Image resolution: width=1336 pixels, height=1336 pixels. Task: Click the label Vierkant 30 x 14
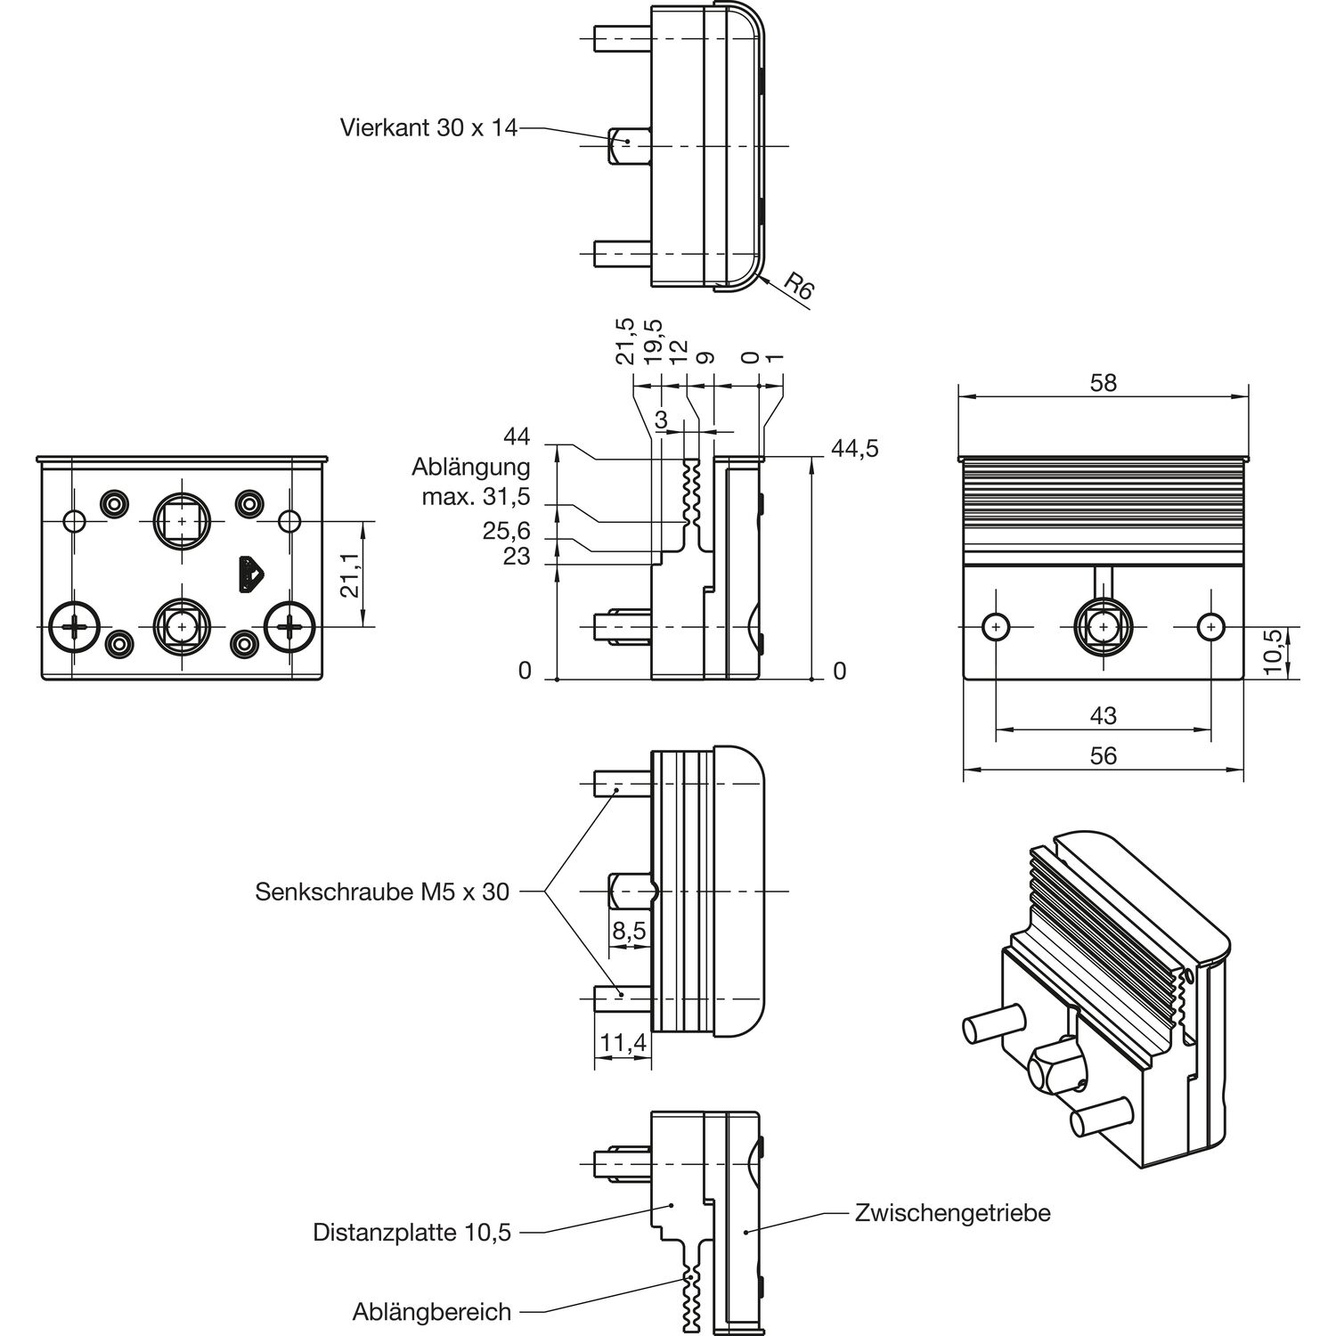428,128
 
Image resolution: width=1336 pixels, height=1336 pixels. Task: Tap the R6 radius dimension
798,288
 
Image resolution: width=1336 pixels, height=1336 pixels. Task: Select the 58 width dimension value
1103,383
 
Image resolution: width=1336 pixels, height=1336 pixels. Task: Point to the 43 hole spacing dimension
1103,715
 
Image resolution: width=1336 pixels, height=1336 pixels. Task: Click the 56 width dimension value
1103,755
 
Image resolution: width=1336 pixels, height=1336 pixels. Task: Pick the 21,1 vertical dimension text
351,574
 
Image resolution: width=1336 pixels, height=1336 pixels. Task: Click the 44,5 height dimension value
854,448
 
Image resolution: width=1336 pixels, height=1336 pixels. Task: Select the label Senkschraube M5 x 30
382,892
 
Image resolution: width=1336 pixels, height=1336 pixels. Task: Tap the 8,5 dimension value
629,932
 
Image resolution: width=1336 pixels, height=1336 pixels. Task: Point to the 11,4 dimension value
623,1043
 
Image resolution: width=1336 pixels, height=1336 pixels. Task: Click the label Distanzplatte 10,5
412,1233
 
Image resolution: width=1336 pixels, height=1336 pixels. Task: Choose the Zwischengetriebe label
952,1213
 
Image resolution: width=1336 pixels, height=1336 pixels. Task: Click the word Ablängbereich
432,1312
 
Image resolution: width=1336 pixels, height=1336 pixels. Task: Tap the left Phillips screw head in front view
76,627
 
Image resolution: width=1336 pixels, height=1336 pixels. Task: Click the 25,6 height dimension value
506,532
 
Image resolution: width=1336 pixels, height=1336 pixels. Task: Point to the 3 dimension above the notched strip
661,419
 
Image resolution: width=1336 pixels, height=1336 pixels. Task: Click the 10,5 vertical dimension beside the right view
1275,651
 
